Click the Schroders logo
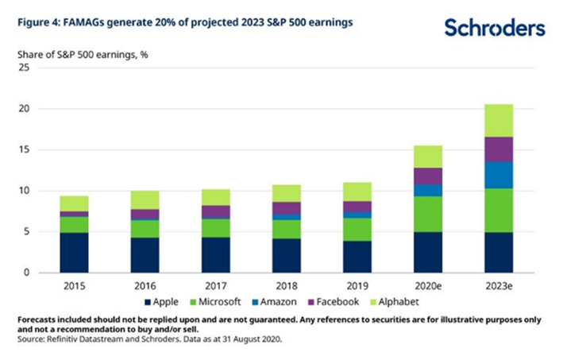(x=495, y=28)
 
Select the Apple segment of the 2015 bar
(x=73, y=253)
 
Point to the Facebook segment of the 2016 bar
(x=144, y=215)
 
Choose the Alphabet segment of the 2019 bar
(x=357, y=192)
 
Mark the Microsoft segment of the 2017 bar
(x=214, y=228)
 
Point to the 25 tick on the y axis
(x=23, y=68)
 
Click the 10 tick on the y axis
(x=23, y=191)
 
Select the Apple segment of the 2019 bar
(x=357, y=257)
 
